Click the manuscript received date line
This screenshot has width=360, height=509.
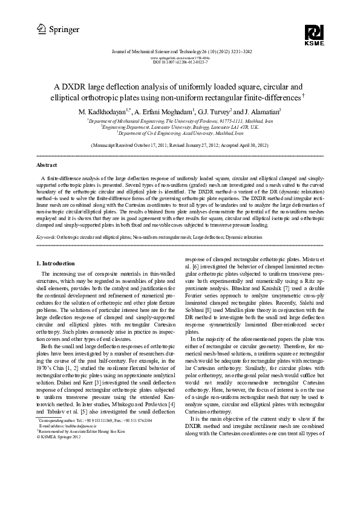[x=180, y=146]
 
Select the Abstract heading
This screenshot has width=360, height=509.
[x=47, y=164]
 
